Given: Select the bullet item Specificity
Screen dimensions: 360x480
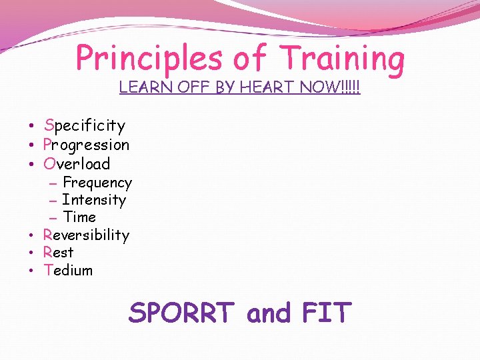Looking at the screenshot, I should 84,125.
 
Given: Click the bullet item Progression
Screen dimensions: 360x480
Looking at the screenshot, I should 86,145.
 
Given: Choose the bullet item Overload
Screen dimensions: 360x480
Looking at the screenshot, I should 77,163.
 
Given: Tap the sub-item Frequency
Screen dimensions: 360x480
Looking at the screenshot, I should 97,183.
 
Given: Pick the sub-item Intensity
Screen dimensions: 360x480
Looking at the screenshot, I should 94,200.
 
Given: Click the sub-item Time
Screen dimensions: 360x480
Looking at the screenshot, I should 79,217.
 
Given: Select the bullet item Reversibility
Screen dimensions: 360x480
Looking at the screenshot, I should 86,235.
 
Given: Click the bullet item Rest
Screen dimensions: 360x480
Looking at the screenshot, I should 58,253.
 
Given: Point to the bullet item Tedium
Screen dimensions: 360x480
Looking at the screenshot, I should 68,270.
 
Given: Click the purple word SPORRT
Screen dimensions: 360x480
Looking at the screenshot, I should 182,313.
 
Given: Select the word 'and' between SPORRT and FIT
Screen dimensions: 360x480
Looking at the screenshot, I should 269,313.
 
